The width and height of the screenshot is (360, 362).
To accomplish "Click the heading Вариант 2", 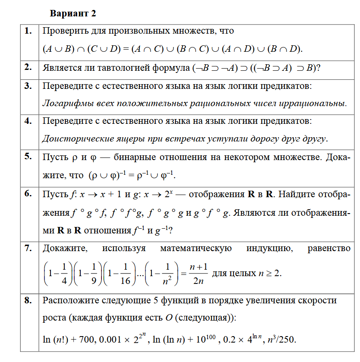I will [x=73, y=13].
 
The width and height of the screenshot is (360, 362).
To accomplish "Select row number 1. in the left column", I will [x=28, y=31].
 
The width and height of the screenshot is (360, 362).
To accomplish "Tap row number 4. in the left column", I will [x=28, y=121].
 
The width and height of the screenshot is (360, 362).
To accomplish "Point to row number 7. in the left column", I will [x=28, y=248].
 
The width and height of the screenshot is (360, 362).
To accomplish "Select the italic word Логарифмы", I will [x=64, y=104].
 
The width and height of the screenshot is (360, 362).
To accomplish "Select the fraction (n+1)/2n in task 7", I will [x=199, y=273].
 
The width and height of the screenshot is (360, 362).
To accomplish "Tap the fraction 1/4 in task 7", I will [x=64, y=273].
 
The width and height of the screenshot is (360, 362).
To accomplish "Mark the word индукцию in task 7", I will [x=269, y=249].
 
